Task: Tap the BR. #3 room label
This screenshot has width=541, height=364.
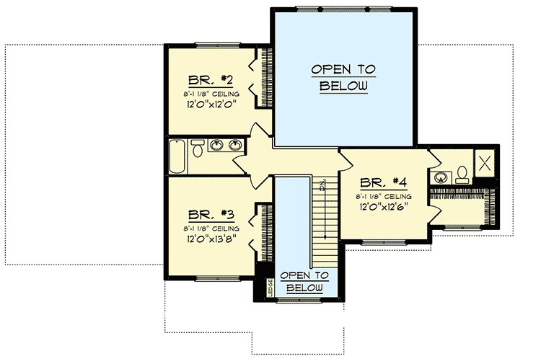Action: pos(209,215)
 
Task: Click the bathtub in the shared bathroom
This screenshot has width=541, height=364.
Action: pos(177,157)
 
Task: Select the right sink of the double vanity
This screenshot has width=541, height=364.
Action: pos(234,146)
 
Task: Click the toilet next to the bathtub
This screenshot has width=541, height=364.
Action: pos(197,150)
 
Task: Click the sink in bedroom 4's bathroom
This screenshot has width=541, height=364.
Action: pos(440,175)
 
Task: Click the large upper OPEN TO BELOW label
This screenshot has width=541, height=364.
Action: pos(343,78)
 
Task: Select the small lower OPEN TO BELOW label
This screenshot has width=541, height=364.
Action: pos(304,282)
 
